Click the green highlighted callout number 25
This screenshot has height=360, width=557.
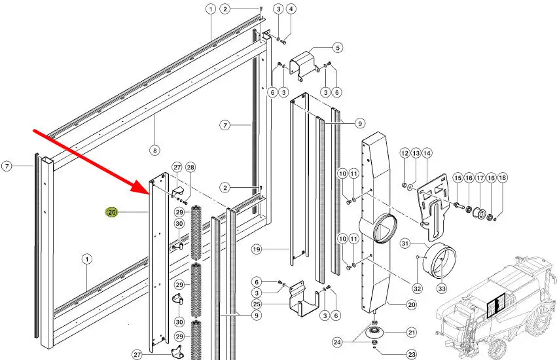coord(112,213)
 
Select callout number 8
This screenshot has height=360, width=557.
coord(154,151)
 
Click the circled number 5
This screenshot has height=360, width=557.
coord(338,47)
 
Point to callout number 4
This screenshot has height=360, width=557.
coord(291,9)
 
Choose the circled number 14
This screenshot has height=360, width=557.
coord(427,153)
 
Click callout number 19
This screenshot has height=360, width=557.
coord(257,249)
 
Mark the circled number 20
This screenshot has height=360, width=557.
coord(411,304)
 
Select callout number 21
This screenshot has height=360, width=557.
coord(411,333)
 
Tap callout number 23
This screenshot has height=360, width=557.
coord(411,354)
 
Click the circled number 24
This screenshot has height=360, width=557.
coord(338,342)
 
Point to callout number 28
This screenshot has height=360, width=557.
coord(190,168)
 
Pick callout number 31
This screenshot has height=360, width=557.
coord(405,243)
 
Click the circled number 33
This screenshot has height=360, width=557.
coord(442,289)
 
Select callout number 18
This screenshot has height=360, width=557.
coord(502,177)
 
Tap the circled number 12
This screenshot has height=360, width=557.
coord(404,153)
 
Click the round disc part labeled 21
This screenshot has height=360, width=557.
coord(373,333)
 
